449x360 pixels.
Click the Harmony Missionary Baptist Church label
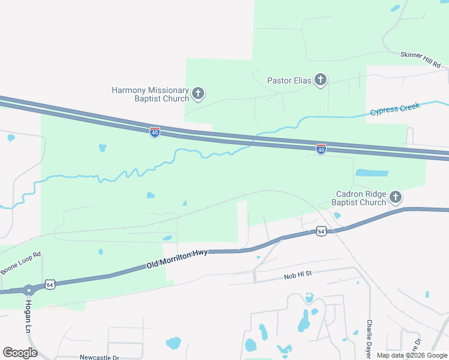tap(150, 94)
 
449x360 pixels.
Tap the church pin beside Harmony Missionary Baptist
tap(198, 94)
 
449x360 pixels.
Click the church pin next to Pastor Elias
tap(321, 80)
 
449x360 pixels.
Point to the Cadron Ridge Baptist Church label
tap(359, 198)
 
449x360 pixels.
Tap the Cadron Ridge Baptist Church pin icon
tap(395, 197)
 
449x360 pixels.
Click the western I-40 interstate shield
tap(155, 131)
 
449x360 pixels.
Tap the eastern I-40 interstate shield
tap(321, 149)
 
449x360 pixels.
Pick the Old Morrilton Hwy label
tap(177, 259)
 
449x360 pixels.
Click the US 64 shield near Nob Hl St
tap(321, 231)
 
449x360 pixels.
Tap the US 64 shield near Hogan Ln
tap(51, 285)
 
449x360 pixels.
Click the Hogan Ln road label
tap(28, 317)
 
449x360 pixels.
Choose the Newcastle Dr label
tap(99, 357)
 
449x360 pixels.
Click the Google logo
tap(20, 353)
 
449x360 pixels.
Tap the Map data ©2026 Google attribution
tap(411, 355)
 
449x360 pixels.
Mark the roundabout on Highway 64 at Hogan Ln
tap(28, 290)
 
